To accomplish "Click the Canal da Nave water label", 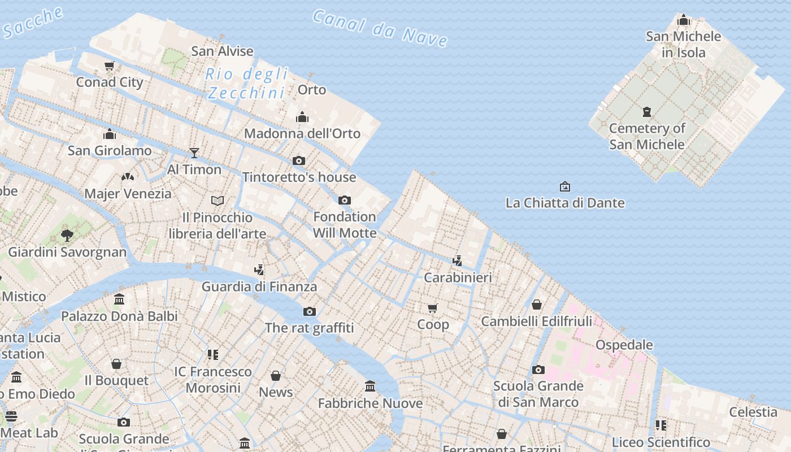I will [x=380, y=28].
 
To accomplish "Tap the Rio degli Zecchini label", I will [x=246, y=83].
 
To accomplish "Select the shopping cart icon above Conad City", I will [x=110, y=66].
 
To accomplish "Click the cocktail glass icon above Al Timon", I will [x=194, y=153].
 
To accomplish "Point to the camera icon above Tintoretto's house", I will [x=299, y=160].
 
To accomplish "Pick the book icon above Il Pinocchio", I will [x=218, y=201].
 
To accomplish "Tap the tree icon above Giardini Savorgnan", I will [x=67, y=235].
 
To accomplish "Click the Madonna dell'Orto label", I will [x=302, y=134].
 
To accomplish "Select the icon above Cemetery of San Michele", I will [x=647, y=112].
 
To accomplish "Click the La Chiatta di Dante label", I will [x=565, y=203].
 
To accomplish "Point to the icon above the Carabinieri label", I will [x=458, y=261].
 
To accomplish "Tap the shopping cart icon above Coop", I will [x=433, y=308].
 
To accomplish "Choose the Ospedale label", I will [x=624, y=345].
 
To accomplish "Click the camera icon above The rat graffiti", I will [x=309, y=311].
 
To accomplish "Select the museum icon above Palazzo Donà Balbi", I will [x=119, y=299].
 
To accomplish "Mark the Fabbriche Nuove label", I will [x=370, y=403].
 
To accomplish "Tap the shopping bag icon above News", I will [x=276, y=376].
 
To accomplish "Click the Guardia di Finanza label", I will [x=259, y=286].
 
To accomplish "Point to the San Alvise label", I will [x=222, y=51].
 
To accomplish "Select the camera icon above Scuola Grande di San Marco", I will [x=538, y=370].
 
